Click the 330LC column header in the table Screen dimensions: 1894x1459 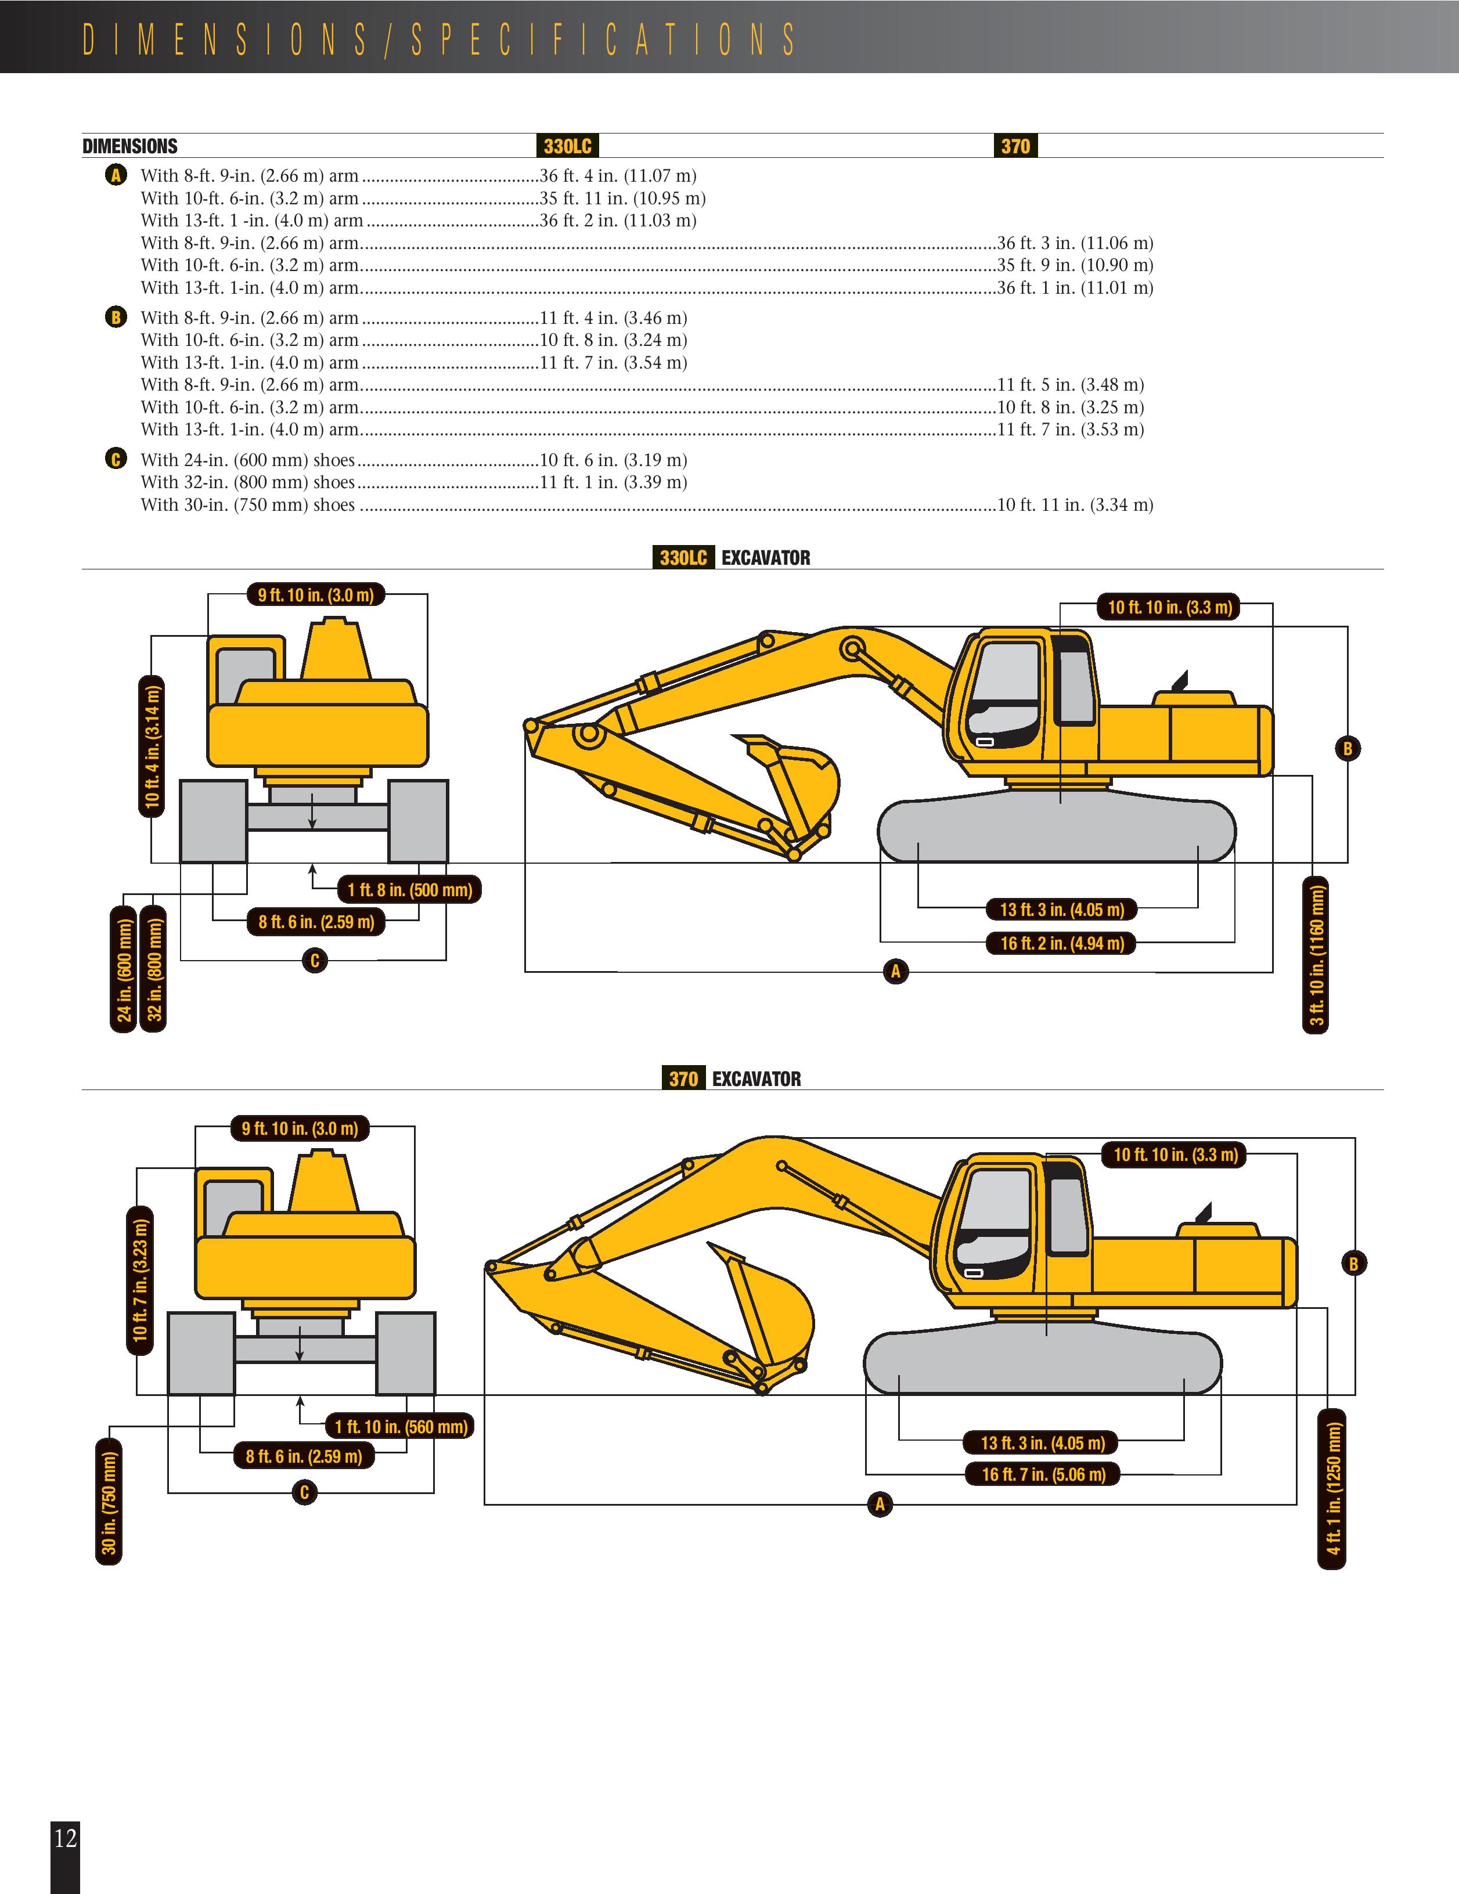point(567,146)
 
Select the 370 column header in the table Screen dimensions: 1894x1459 point(1015,146)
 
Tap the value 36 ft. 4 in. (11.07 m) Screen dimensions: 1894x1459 point(618,176)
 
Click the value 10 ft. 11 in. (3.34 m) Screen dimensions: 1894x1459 point(1075,505)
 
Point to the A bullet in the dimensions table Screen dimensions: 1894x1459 point(116,176)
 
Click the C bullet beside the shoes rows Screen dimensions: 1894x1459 point(116,460)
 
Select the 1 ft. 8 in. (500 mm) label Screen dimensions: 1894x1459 point(409,890)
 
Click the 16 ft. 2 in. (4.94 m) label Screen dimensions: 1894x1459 point(1062,944)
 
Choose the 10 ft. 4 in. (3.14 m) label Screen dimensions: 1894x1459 point(152,746)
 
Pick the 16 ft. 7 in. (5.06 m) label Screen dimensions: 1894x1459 point(1043,1474)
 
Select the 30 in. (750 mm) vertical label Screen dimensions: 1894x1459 point(109,1502)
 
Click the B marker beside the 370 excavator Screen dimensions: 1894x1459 point(1353,1264)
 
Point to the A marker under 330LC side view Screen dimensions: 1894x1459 point(895,971)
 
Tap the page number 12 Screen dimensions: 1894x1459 point(65,1837)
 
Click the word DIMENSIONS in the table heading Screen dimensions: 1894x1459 point(130,146)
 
